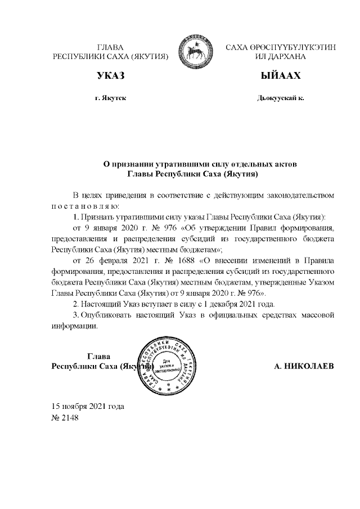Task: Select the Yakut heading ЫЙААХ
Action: click(x=280, y=76)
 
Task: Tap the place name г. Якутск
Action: click(x=110, y=98)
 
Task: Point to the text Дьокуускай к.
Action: click(x=280, y=98)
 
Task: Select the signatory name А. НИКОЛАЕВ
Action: click(x=304, y=367)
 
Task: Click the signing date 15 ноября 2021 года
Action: click(x=88, y=406)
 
